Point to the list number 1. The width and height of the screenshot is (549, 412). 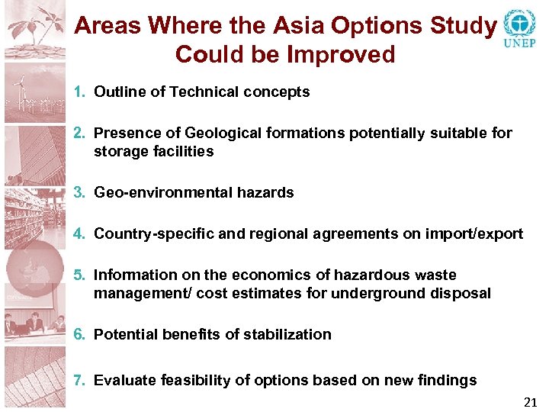[x=79, y=92]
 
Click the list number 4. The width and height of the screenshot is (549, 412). [x=79, y=234]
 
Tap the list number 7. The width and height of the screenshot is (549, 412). [x=79, y=381]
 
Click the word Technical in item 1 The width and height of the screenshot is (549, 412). [x=204, y=92]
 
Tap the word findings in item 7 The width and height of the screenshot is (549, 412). [x=449, y=381]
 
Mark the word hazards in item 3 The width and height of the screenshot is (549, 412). [x=266, y=193]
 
